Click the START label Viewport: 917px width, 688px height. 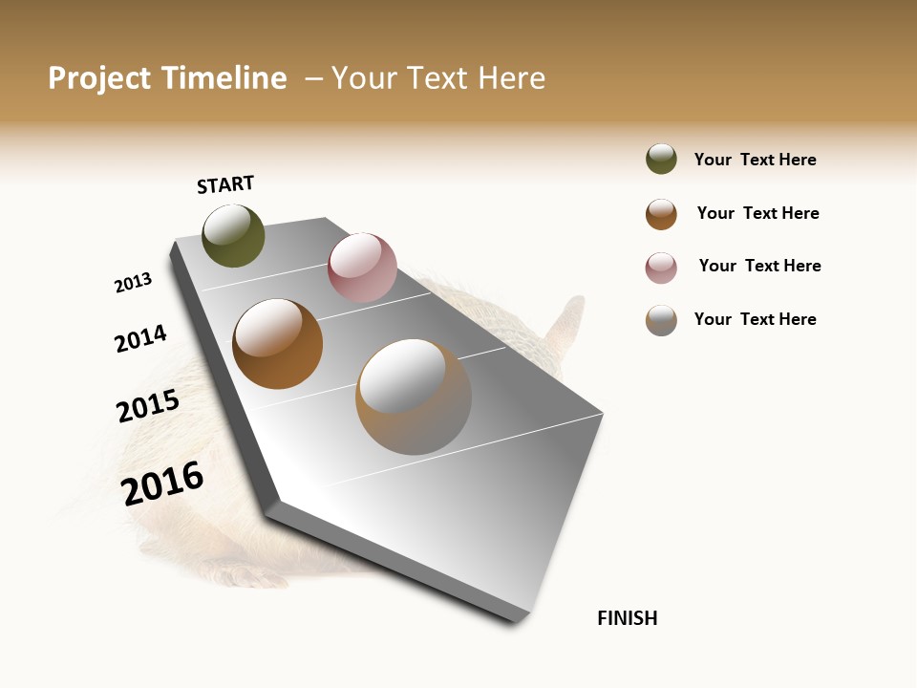click(x=225, y=184)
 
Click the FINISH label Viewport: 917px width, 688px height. click(x=627, y=618)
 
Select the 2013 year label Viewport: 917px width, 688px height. click(x=133, y=283)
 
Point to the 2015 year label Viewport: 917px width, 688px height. click(x=148, y=406)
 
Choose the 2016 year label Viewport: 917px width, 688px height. click(x=162, y=484)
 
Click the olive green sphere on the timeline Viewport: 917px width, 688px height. click(x=233, y=235)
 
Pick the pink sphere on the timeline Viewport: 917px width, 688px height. click(x=362, y=268)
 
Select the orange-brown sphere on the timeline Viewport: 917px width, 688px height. click(x=277, y=344)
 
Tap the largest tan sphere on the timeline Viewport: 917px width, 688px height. click(x=414, y=397)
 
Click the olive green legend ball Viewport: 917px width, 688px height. click(x=661, y=159)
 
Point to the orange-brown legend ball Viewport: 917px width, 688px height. click(x=661, y=214)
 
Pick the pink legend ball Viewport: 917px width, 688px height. click(x=661, y=268)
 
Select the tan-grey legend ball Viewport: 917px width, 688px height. click(x=661, y=320)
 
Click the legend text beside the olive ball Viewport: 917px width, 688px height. click(x=755, y=160)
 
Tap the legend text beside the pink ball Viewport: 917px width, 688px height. click(x=759, y=266)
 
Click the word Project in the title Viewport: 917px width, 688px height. click(x=99, y=78)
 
